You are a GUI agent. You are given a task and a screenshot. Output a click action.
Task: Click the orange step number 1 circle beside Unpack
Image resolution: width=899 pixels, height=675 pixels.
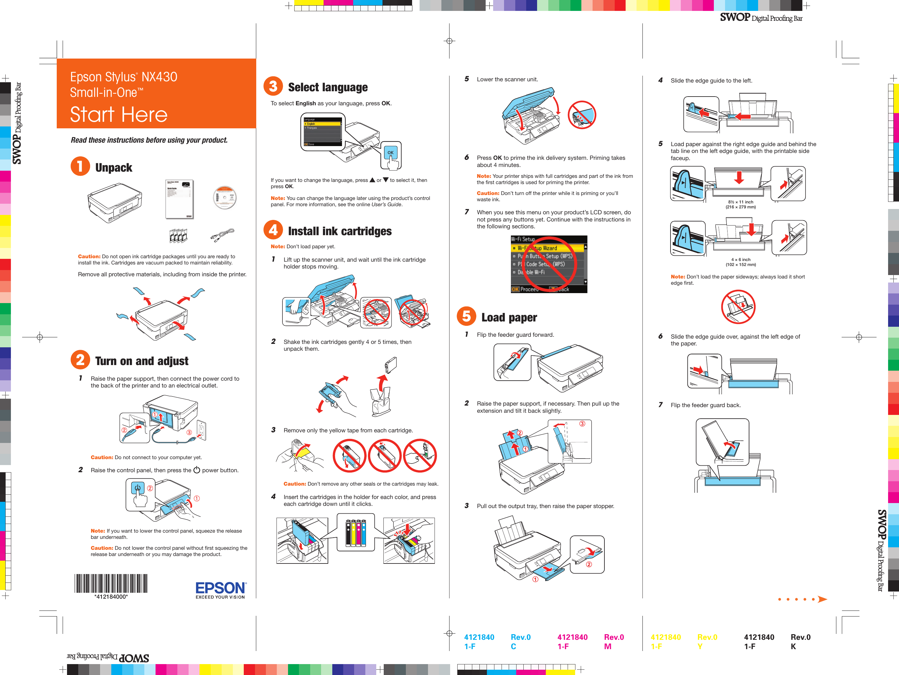(80, 166)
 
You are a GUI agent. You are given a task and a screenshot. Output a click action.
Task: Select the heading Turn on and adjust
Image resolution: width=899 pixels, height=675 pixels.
(142, 361)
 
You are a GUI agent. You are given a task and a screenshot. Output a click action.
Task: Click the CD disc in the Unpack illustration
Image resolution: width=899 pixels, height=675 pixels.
(224, 197)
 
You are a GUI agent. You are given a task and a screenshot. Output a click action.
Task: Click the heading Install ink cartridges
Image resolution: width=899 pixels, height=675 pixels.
(339, 231)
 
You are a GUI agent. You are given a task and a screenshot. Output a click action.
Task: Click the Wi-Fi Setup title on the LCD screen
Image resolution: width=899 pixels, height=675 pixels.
(523, 239)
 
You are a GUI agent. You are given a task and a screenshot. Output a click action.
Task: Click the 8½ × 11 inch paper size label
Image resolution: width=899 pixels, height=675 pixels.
(741, 202)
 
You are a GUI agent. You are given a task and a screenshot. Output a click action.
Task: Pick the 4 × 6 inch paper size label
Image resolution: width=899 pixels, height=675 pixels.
(741, 259)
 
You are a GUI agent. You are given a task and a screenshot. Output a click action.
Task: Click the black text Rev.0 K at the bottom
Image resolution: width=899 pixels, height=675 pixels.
(800, 641)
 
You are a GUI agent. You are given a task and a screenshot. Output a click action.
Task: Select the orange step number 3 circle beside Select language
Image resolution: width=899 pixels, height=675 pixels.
(273, 86)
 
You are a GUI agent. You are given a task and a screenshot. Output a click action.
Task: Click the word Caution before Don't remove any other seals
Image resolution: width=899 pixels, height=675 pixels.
(294, 484)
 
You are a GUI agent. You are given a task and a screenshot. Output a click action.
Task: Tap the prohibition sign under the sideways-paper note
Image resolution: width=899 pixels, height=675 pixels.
(738, 307)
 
